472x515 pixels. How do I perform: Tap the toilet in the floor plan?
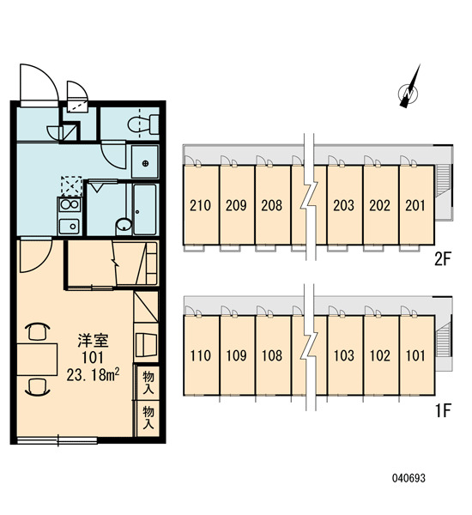[x=143, y=124]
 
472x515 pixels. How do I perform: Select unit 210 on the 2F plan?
[x=200, y=205]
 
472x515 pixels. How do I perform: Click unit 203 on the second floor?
[x=344, y=205]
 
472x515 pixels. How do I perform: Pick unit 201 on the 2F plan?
[x=415, y=205]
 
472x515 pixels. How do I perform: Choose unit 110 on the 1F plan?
[x=200, y=355]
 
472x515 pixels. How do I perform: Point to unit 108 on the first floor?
[x=272, y=355]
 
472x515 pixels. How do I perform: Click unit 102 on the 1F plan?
[x=380, y=355]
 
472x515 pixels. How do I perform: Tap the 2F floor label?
[x=443, y=259]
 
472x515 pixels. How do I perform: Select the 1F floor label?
[x=443, y=410]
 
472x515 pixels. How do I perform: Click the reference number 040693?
[x=408, y=477]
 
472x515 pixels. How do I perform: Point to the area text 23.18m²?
[x=93, y=375]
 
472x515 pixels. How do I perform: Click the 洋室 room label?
[x=93, y=341]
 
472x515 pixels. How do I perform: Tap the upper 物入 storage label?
[x=148, y=383]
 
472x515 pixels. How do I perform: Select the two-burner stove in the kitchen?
[x=70, y=205]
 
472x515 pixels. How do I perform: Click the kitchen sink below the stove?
[x=70, y=226]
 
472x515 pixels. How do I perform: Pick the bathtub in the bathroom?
[x=145, y=209]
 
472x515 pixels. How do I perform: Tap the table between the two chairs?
[x=37, y=360]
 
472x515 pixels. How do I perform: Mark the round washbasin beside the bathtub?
[x=124, y=226]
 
